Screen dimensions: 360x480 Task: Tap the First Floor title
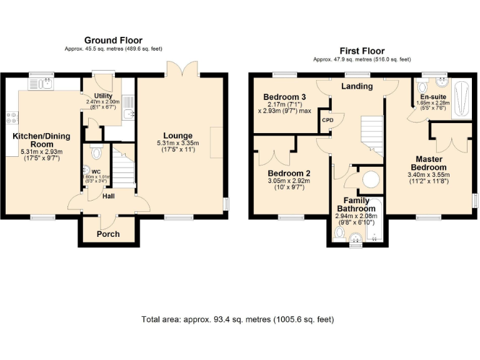362,51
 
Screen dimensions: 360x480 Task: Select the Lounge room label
178,136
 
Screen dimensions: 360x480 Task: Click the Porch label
107,234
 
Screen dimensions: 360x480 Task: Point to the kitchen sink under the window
44,84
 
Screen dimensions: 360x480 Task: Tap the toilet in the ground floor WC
96,152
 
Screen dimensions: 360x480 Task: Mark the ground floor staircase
123,165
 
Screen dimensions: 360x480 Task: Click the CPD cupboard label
327,119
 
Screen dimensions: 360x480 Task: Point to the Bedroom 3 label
284,97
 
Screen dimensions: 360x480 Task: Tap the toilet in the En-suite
422,86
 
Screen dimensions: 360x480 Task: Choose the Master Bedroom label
428,163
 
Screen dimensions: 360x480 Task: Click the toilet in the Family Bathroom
339,233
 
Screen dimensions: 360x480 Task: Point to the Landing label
357,86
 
